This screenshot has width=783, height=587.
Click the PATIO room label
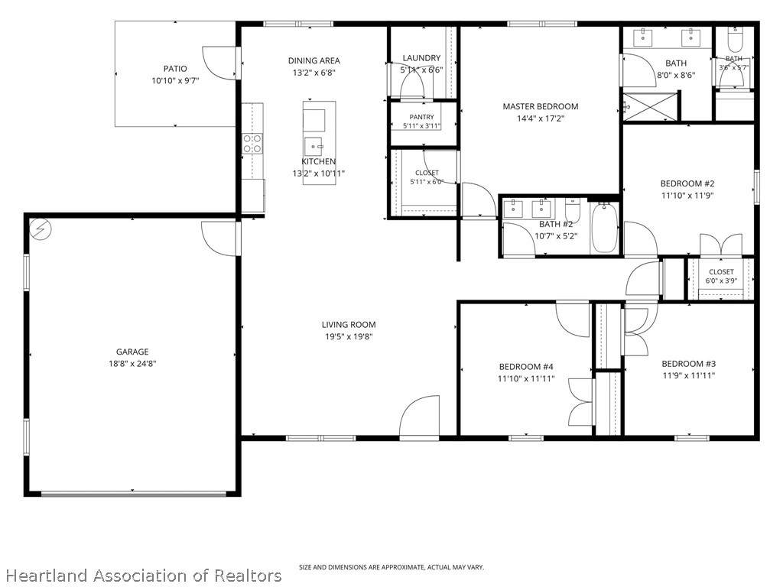click(x=175, y=68)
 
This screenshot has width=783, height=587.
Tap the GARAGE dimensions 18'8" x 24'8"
click(x=132, y=364)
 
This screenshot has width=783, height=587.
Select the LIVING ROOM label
click(x=349, y=324)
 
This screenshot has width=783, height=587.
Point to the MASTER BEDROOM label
click(x=541, y=106)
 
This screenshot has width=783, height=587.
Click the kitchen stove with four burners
click(x=252, y=143)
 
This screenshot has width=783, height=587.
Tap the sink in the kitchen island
click(x=314, y=146)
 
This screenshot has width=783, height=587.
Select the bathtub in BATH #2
click(x=605, y=228)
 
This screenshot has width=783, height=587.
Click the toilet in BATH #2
click(x=573, y=211)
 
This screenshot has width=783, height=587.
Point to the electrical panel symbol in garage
click(x=41, y=229)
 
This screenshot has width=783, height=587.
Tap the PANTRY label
click(x=422, y=117)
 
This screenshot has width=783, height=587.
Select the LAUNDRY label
click(x=421, y=58)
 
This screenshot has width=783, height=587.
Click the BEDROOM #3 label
click(x=689, y=364)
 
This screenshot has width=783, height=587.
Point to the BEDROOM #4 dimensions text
click(x=526, y=379)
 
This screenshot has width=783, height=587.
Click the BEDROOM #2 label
click(x=687, y=183)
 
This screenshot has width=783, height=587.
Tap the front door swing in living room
click(x=420, y=417)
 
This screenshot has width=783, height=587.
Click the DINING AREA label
click(x=314, y=60)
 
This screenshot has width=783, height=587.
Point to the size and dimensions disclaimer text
click(x=391, y=567)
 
